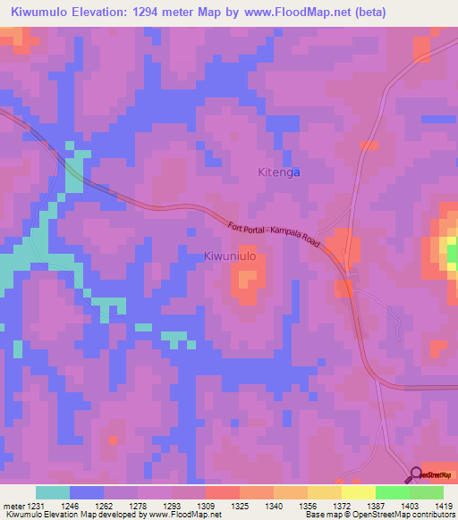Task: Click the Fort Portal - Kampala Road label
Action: (274, 235)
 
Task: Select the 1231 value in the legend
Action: (30, 505)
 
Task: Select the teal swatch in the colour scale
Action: (53, 492)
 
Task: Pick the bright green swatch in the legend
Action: (392, 492)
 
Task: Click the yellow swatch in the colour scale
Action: (358, 492)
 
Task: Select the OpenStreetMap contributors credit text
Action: (412, 515)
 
